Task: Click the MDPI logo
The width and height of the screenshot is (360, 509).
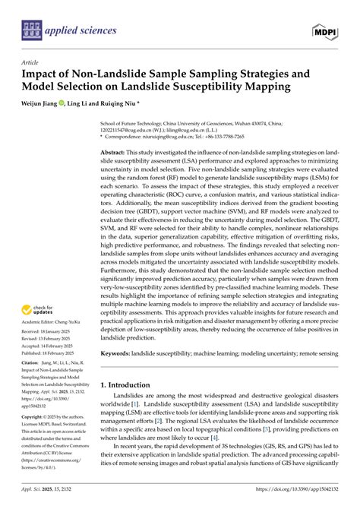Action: pos(325,30)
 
